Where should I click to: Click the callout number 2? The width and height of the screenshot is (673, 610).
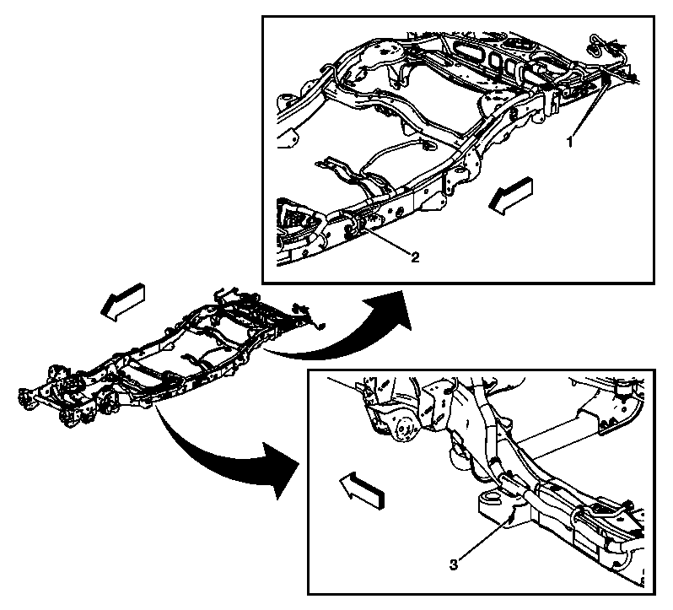(415, 257)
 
